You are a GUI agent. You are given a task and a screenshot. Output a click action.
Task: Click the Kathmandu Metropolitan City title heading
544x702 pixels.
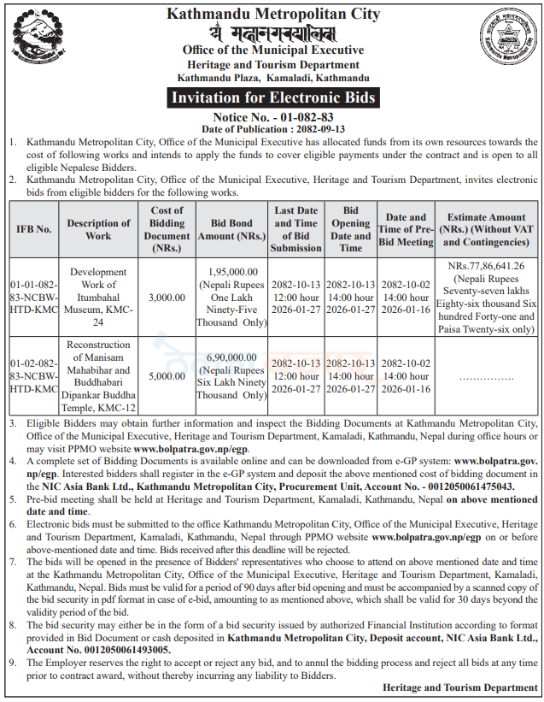point(273,14)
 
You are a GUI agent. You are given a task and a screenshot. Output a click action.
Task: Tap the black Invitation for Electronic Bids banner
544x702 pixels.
point(273,97)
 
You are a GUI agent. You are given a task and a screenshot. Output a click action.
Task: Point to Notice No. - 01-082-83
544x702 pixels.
point(273,115)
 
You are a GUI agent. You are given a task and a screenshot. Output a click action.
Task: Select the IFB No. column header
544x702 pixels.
point(33,229)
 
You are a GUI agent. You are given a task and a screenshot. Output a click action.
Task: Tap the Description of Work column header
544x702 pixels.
point(98,229)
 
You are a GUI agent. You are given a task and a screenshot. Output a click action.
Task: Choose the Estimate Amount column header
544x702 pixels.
point(486,229)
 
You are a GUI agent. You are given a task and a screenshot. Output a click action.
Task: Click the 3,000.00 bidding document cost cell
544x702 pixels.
point(167,297)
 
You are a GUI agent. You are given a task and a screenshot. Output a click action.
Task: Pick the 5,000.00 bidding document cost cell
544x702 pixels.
point(167,375)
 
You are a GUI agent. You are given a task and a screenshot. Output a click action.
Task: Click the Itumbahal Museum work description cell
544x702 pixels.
point(98,297)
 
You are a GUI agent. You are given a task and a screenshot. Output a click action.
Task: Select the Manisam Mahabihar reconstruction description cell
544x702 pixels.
point(98,375)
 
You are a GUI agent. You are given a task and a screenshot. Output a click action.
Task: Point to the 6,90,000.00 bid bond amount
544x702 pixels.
point(231,357)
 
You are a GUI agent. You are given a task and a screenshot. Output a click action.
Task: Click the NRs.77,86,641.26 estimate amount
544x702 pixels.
point(486,266)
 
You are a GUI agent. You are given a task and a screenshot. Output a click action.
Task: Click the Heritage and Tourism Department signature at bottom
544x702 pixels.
point(459,687)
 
